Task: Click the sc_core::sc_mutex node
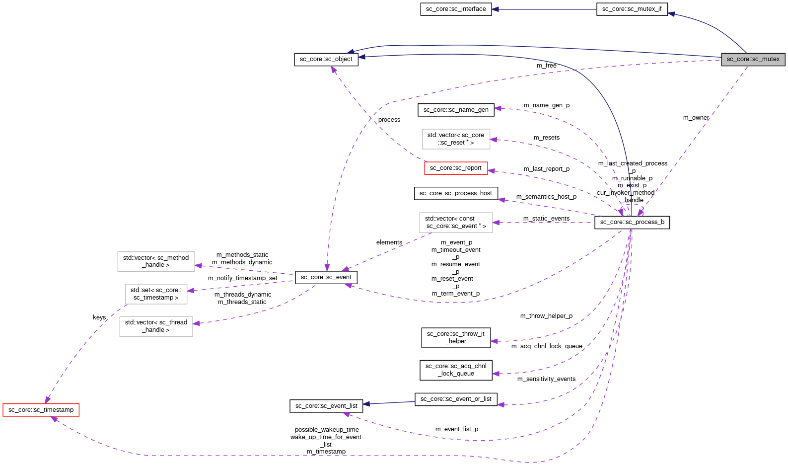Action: tap(753, 59)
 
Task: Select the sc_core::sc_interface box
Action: tap(456, 9)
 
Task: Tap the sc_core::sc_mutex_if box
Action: tap(632, 9)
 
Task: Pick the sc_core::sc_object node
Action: tap(326, 59)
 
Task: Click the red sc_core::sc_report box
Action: tap(456, 168)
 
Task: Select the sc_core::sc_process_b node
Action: tap(632, 222)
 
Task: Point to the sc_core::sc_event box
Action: tap(326, 277)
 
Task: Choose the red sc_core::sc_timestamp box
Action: tap(41, 410)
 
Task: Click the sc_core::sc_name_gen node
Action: tap(456, 110)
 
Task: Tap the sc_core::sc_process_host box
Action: tap(456, 193)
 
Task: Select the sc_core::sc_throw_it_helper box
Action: tap(456, 337)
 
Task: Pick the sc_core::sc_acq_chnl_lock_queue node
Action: tap(456, 370)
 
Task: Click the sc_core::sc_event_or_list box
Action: tap(456, 399)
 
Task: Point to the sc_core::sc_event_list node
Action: tap(326, 406)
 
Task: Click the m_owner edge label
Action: tap(696, 118)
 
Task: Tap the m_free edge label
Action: tap(546, 66)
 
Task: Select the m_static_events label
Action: tap(546, 219)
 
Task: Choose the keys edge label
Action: tap(99, 317)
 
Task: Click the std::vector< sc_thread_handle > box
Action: tap(156, 326)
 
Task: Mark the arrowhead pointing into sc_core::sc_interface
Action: tap(495, 9)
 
